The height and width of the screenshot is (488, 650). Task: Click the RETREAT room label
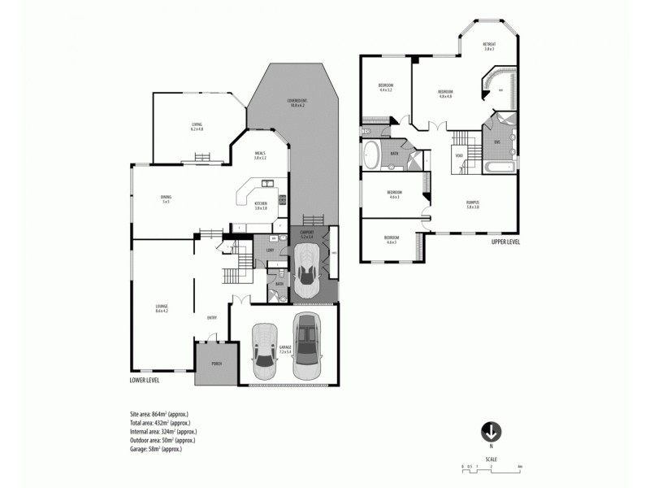coord(489,46)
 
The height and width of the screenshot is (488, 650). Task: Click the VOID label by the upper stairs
coord(459,155)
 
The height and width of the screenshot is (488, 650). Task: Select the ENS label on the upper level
coord(496,142)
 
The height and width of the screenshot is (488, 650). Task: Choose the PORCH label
coord(217,364)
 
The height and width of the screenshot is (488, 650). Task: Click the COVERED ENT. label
coord(297,103)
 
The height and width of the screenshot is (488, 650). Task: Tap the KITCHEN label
coord(261,205)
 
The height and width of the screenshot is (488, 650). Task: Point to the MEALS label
coord(260,155)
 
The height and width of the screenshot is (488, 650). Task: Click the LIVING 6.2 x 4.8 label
coord(197,126)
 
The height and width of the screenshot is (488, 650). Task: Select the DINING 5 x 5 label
coord(165,198)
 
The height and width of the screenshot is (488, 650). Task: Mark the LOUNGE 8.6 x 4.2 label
coord(162,309)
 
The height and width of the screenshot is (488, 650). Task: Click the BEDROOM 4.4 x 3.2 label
coord(386,87)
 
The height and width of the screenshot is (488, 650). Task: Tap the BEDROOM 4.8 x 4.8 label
coord(445,94)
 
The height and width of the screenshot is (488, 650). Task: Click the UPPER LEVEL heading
coord(505,242)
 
